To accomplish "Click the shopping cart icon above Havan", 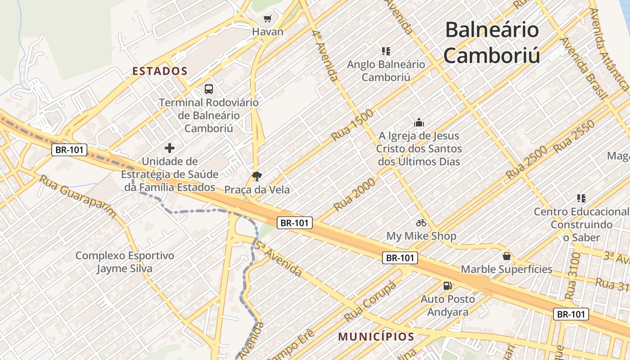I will pos(268,18).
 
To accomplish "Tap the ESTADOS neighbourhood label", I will pos(160,71).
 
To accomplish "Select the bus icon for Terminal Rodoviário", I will pos(209,89).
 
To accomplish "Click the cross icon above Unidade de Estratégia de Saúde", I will pos(170,148).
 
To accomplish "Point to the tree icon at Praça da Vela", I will pos(257,176).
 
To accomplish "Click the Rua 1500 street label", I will pos(352,125).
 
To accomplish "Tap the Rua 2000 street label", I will pos(354,194).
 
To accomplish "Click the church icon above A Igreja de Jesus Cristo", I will pos(419,122).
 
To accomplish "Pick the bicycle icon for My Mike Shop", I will pos(421,223).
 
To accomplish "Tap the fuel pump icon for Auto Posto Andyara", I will pos(447,285).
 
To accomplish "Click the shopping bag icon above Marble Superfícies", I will pos(507,256).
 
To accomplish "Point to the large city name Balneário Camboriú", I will pos(492,43).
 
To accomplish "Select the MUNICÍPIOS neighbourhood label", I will pos(376,337).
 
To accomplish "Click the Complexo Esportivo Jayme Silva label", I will pos(125,262).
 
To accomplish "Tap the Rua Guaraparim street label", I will pos(77,196).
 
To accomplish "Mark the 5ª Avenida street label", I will pos(278,259).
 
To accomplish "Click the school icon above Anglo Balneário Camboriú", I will pos(386,51).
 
